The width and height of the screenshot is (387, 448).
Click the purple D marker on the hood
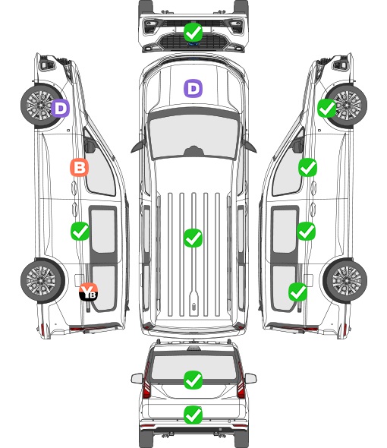(x=193, y=88)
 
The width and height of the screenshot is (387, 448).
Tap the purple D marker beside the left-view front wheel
(x=61, y=108)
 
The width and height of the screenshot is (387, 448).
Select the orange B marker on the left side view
(x=80, y=167)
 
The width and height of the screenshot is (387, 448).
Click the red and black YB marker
(x=89, y=292)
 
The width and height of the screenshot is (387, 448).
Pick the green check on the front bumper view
(x=193, y=33)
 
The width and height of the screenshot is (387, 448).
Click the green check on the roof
(x=193, y=238)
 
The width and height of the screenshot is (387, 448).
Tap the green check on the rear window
(x=193, y=380)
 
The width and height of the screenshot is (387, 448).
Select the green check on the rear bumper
(x=193, y=415)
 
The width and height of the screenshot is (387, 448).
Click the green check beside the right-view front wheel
(x=327, y=109)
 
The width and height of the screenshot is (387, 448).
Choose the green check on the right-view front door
(x=307, y=167)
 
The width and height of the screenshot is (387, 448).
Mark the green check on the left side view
(x=80, y=231)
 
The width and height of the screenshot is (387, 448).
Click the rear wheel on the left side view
(x=42, y=280)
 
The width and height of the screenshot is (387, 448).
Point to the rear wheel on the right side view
(x=345, y=280)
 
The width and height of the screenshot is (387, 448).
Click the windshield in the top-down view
(x=193, y=136)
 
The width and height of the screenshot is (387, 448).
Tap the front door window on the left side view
(x=100, y=169)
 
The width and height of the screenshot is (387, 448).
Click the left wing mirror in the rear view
(x=137, y=378)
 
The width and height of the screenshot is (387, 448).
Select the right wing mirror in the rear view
(x=250, y=378)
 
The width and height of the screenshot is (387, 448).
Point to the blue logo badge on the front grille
(x=193, y=44)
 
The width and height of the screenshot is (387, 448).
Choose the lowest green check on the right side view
(x=298, y=292)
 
